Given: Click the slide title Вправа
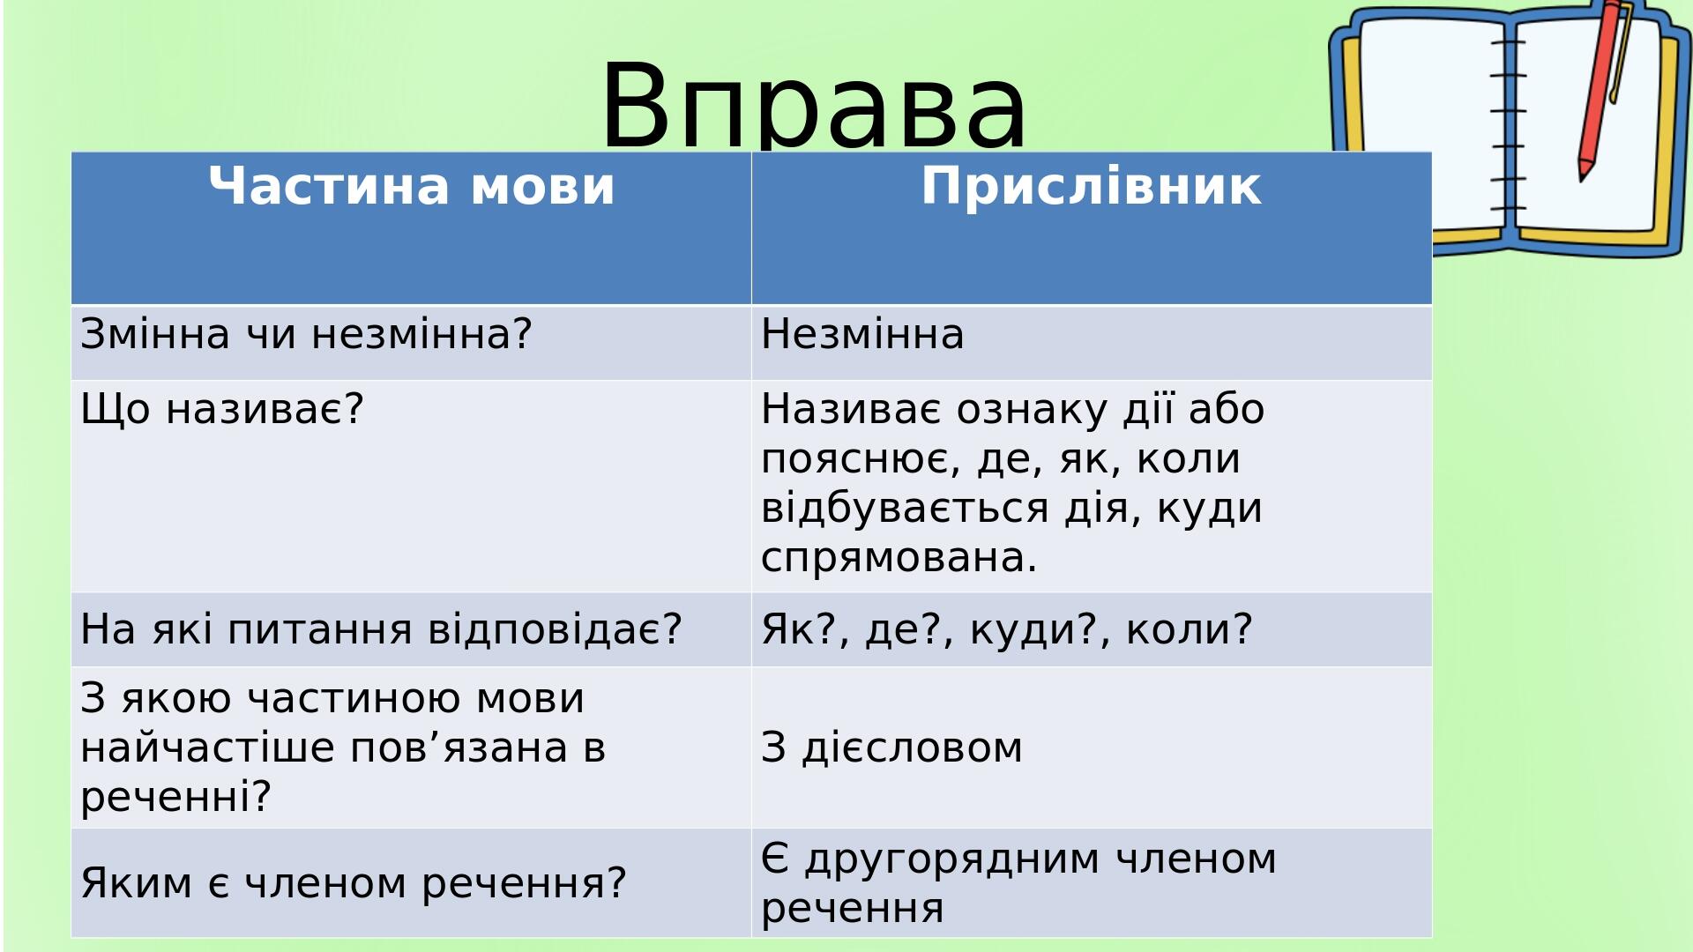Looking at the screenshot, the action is (813, 106).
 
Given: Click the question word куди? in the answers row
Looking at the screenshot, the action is (1037, 629).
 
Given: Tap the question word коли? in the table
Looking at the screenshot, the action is (1189, 629).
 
